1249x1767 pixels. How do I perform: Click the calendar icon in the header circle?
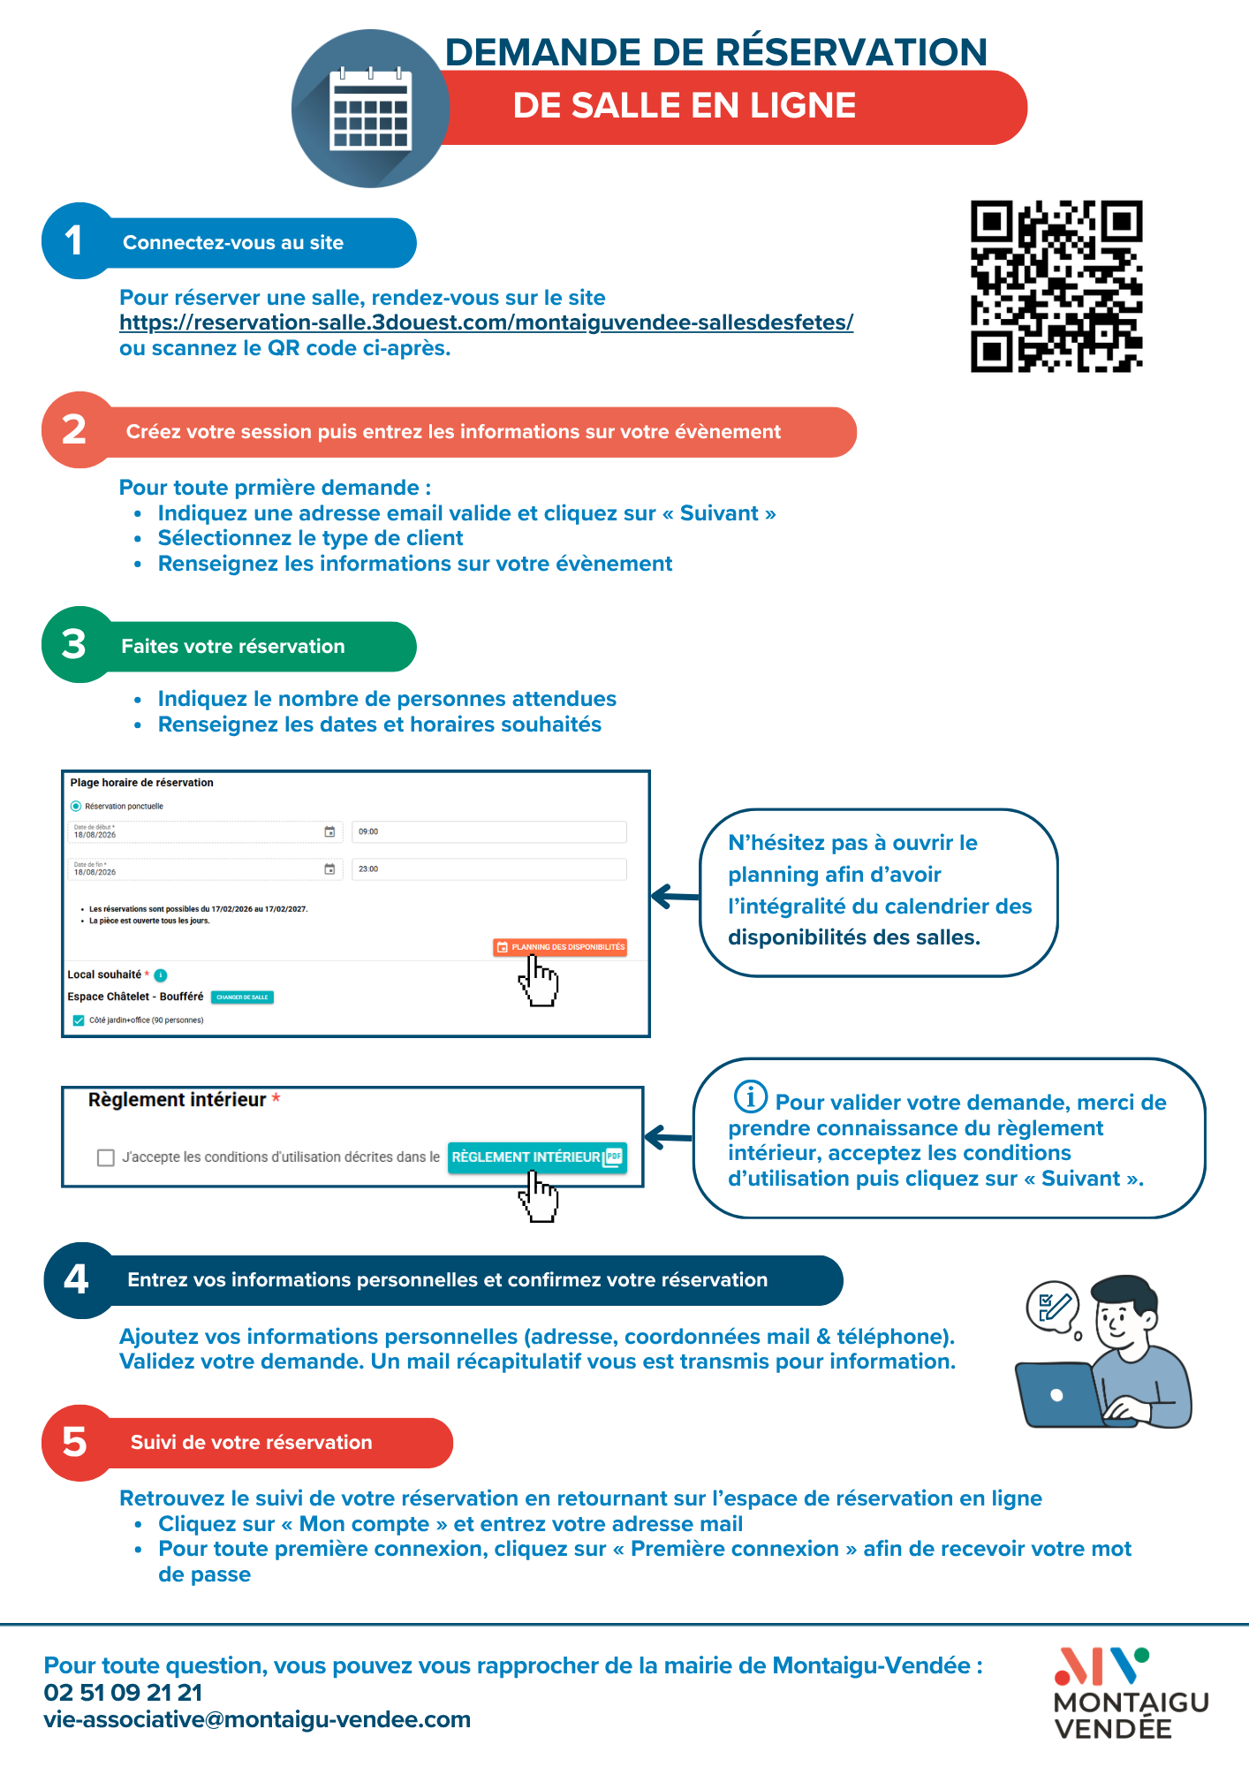(x=370, y=110)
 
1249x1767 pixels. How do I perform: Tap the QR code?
(x=1056, y=286)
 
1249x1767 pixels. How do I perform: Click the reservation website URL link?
(x=486, y=322)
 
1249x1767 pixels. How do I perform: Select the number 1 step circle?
(x=76, y=241)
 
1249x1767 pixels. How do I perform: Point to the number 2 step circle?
(x=76, y=430)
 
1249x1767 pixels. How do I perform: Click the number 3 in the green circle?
(x=75, y=645)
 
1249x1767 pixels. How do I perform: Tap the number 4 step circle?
(x=78, y=1279)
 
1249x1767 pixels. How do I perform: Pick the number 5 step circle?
(x=76, y=1442)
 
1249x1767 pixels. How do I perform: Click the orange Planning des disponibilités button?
(x=560, y=947)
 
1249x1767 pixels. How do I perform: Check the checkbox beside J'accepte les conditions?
(x=106, y=1157)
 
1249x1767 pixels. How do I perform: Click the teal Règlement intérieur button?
(x=537, y=1157)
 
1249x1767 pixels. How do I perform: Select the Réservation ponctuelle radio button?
(x=76, y=806)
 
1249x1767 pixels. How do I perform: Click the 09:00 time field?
(x=488, y=831)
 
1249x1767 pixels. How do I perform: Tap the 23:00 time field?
(x=488, y=869)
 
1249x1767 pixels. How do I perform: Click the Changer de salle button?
(x=243, y=997)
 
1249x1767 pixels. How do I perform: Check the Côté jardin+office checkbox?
(x=79, y=1020)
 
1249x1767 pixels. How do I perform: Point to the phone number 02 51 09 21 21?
(x=124, y=1693)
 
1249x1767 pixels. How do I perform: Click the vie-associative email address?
(x=257, y=1719)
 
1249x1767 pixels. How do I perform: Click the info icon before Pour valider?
(x=750, y=1096)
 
